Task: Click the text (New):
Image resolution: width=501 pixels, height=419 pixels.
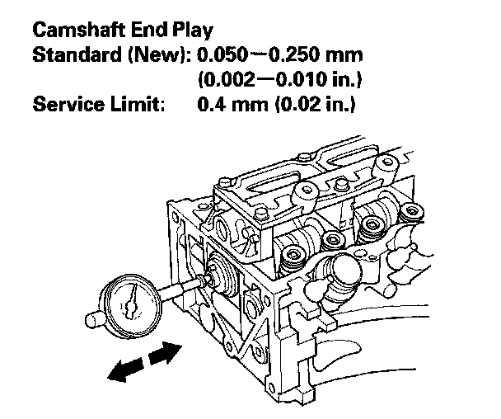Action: (x=154, y=57)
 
